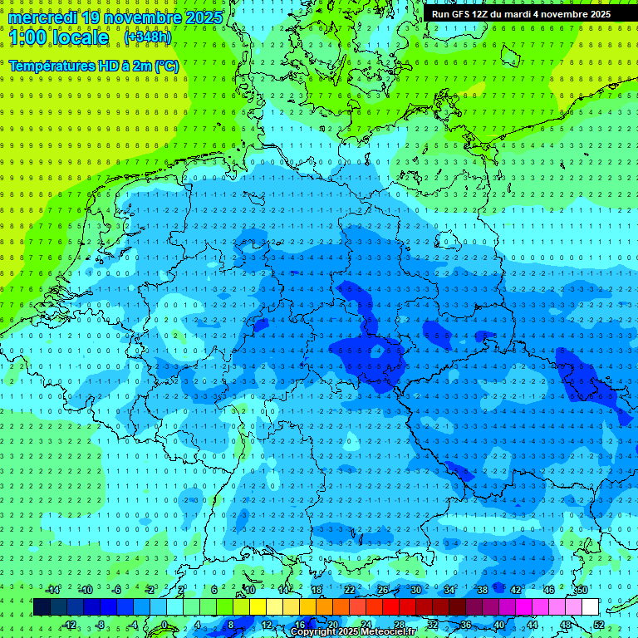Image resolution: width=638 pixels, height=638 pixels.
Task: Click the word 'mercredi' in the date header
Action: tap(42, 17)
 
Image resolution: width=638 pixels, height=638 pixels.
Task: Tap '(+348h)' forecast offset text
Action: tap(148, 37)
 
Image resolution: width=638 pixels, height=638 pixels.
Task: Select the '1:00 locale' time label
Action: tap(58, 37)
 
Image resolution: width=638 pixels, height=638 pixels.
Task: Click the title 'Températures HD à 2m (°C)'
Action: tap(93, 66)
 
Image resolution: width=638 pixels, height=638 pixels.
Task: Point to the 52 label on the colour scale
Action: tap(599, 625)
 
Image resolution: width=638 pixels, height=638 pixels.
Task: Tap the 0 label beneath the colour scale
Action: tap(164, 625)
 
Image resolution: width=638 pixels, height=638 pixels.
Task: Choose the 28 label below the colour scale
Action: tap(400, 625)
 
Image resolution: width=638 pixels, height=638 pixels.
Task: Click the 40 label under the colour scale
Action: tap(499, 625)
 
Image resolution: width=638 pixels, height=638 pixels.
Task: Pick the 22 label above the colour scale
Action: tap(350, 590)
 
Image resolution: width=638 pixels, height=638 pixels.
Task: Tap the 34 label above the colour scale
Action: tap(449, 590)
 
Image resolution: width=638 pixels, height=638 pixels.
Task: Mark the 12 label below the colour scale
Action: tap(267, 625)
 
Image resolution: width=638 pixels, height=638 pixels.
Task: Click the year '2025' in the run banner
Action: tap(596, 14)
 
